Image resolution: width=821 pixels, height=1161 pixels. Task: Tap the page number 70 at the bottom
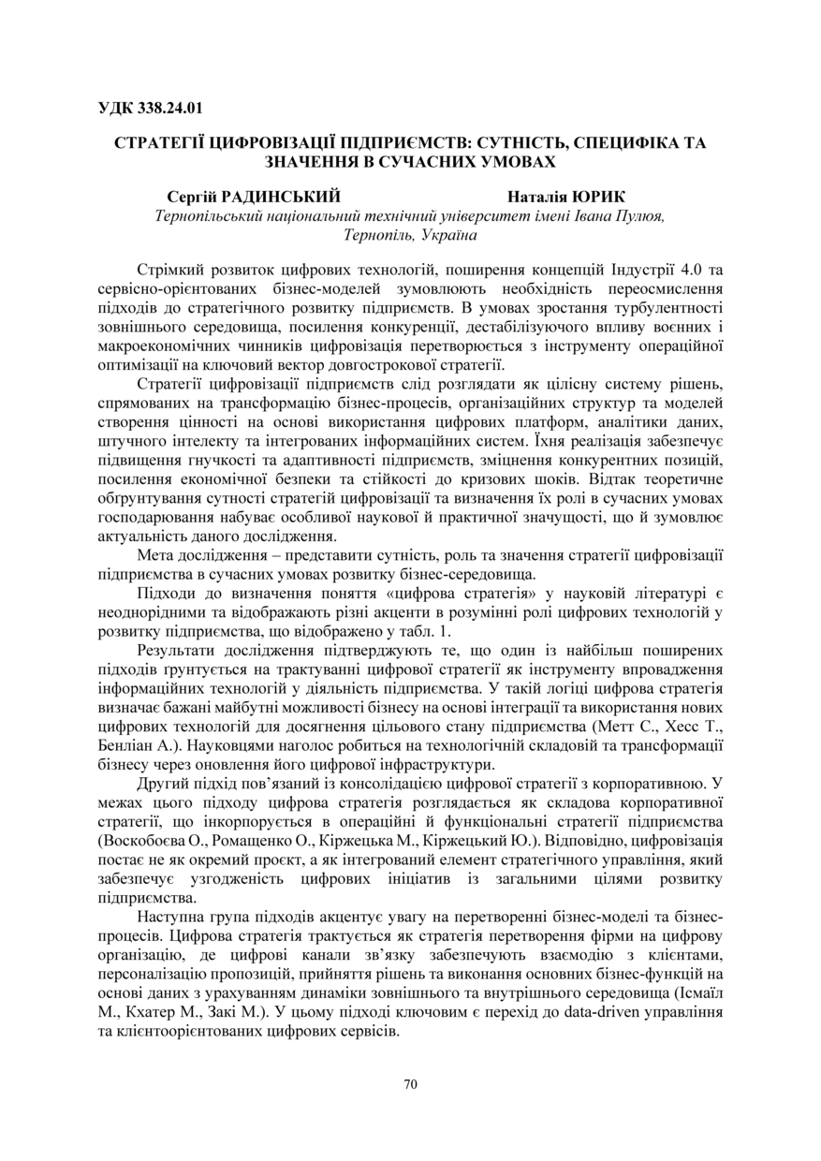410,1084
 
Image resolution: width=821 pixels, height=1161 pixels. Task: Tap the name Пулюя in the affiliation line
640,215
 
